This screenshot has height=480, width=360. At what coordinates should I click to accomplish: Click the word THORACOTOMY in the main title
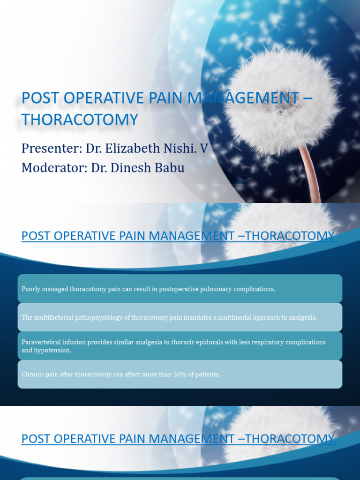[80, 120]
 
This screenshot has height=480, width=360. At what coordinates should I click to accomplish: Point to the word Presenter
[51, 149]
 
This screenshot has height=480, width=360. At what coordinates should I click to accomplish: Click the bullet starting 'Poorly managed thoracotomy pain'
[148, 289]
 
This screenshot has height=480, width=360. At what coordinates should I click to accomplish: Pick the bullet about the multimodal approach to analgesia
[169, 317]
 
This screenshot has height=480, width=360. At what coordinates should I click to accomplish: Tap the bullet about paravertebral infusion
[173, 346]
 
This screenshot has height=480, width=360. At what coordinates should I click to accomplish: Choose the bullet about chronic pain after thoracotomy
[120, 374]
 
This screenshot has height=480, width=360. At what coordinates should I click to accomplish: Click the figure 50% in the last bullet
[184, 374]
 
